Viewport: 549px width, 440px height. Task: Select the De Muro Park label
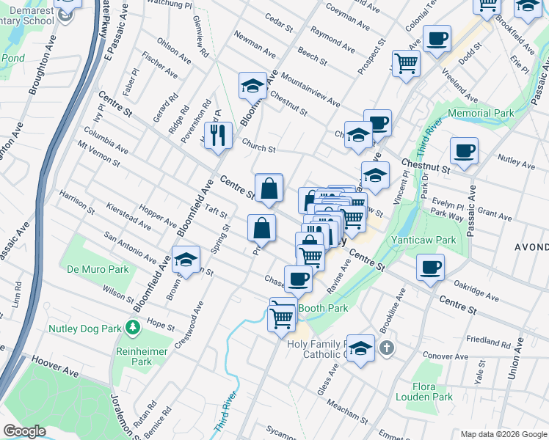tap(98, 269)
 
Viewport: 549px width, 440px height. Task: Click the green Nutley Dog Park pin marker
tap(133, 326)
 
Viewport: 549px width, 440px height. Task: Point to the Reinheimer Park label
tap(133, 356)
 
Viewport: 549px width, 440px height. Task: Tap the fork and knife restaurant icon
tap(218, 135)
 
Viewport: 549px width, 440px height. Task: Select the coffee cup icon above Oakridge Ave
tap(430, 266)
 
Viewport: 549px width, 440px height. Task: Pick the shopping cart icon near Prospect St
tap(406, 63)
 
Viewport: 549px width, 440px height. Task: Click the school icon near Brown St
tap(186, 260)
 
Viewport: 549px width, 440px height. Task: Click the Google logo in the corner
tap(24, 431)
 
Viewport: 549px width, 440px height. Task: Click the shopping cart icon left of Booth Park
tap(283, 318)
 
